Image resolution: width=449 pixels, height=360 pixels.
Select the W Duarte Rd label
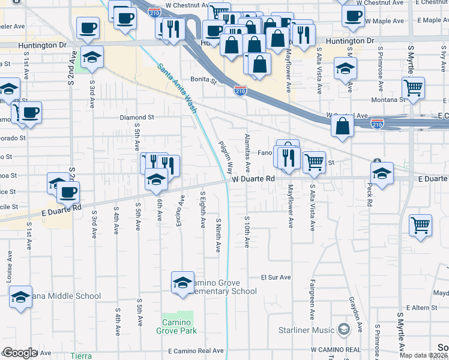(253, 179)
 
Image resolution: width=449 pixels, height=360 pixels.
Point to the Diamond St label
(137, 118)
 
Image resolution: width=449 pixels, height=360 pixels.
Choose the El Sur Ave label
(276, 278)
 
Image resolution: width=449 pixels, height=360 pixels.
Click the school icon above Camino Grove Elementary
(182, 282)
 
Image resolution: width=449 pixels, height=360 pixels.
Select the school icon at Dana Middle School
(20, 296)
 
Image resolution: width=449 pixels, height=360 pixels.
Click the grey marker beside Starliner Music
(343, 328)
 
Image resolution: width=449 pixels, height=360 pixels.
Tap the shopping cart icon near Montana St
(414, 88)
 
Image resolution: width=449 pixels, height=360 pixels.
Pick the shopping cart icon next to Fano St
(315, 161)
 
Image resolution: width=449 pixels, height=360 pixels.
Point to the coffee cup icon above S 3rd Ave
(88, 28)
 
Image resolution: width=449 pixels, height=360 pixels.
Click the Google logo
(20, 353)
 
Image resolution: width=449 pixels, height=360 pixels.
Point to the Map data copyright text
(423, 355)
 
